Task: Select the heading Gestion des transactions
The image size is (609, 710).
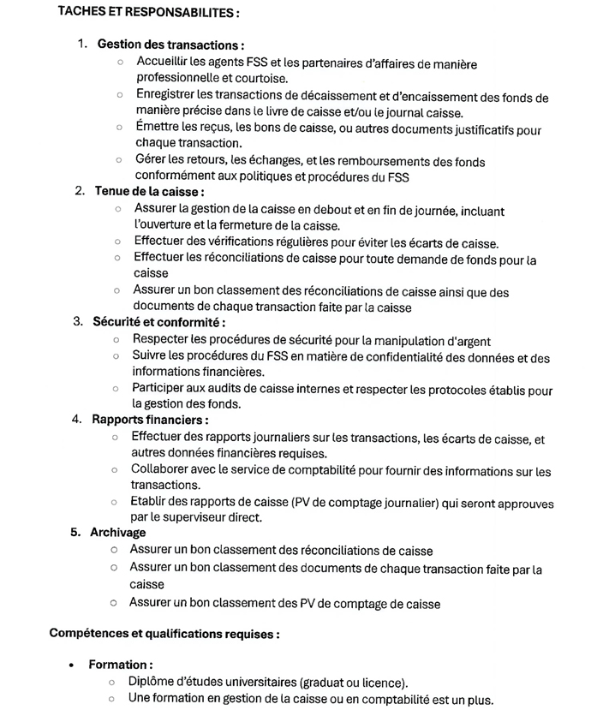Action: click(171, 45)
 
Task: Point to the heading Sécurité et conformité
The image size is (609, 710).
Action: click(158, 322)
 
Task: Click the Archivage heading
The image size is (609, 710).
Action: click(118, 533)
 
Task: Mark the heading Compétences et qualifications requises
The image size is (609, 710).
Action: click(164, 635)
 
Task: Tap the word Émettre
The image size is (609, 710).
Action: click(158, 128)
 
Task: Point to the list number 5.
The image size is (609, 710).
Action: click(75, 533)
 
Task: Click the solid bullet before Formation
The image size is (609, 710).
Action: click(71, 665)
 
